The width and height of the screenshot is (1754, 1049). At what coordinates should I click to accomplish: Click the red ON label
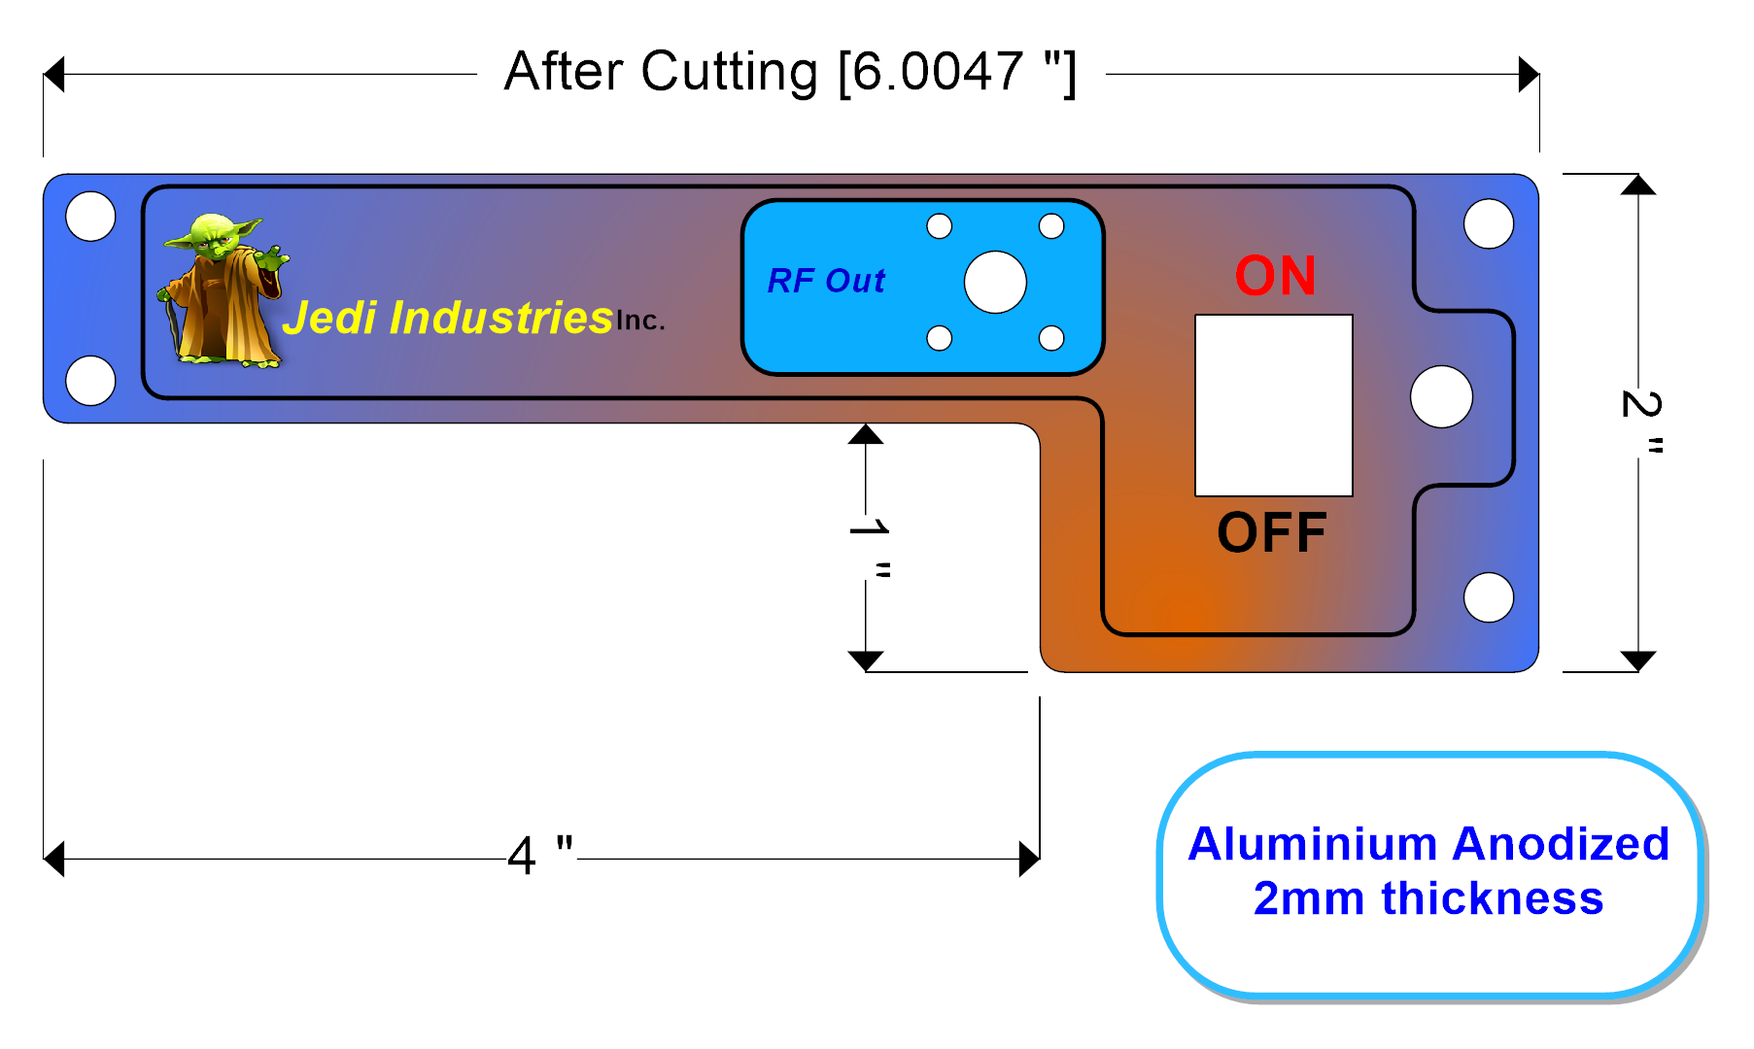pos(1275,276)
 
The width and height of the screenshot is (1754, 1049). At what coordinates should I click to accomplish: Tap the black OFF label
pos(1272,533)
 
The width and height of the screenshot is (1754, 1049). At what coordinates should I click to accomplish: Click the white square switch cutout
pos(1273,405)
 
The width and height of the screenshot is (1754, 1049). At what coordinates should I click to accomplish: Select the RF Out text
pos(826,281)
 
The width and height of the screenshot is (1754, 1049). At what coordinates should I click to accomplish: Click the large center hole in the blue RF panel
pos(995,283)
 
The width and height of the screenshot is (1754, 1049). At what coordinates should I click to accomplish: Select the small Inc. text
pos(640,321)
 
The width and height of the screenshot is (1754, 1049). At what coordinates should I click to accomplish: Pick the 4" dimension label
pos(539,855)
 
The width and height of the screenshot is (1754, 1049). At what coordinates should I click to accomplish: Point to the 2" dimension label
pos(1641,417)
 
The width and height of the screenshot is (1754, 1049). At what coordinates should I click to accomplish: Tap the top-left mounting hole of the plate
pos(90,216)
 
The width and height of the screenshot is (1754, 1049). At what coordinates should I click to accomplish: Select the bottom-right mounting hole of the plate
pos(1488,596)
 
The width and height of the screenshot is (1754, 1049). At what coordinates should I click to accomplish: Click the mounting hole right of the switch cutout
pos(1441,396)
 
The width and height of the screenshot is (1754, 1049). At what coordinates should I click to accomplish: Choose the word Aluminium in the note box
pos(1313,844)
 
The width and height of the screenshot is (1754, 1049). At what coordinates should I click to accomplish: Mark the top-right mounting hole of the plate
pos(1488,223)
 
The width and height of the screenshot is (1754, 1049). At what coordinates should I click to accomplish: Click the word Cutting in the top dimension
pos(729,72)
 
